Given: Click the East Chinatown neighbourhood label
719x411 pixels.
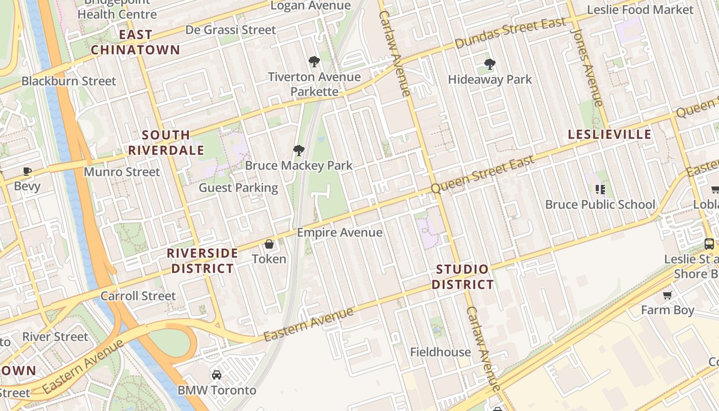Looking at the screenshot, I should (136, 42).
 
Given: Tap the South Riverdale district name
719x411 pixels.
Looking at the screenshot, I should (166, 142).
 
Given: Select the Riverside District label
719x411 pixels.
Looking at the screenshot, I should (202, 260).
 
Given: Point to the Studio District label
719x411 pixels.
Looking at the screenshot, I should (462, 277).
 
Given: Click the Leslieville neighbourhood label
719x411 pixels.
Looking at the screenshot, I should (610, 135).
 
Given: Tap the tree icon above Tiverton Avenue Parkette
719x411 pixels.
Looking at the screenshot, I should (314, 62).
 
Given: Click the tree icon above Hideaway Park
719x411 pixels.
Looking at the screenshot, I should (490, 65).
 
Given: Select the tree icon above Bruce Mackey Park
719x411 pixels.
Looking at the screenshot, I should (298, 151).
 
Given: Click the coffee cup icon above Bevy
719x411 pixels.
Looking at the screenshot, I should (27, 172).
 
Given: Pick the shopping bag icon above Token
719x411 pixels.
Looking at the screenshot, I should (269, 244).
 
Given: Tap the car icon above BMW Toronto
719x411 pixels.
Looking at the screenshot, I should (217, 375).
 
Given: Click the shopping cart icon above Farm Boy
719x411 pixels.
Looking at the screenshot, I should (667, 295).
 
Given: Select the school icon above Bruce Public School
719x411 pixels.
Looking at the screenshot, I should (600, 190).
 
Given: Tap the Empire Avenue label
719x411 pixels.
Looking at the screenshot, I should (339, 232).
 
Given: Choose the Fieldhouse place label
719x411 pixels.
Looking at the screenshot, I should (440, 352).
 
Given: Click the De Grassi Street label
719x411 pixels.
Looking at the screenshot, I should (231, 30).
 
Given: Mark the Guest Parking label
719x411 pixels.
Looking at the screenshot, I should (238, 188).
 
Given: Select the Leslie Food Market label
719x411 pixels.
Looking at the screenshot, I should (640, 9).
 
